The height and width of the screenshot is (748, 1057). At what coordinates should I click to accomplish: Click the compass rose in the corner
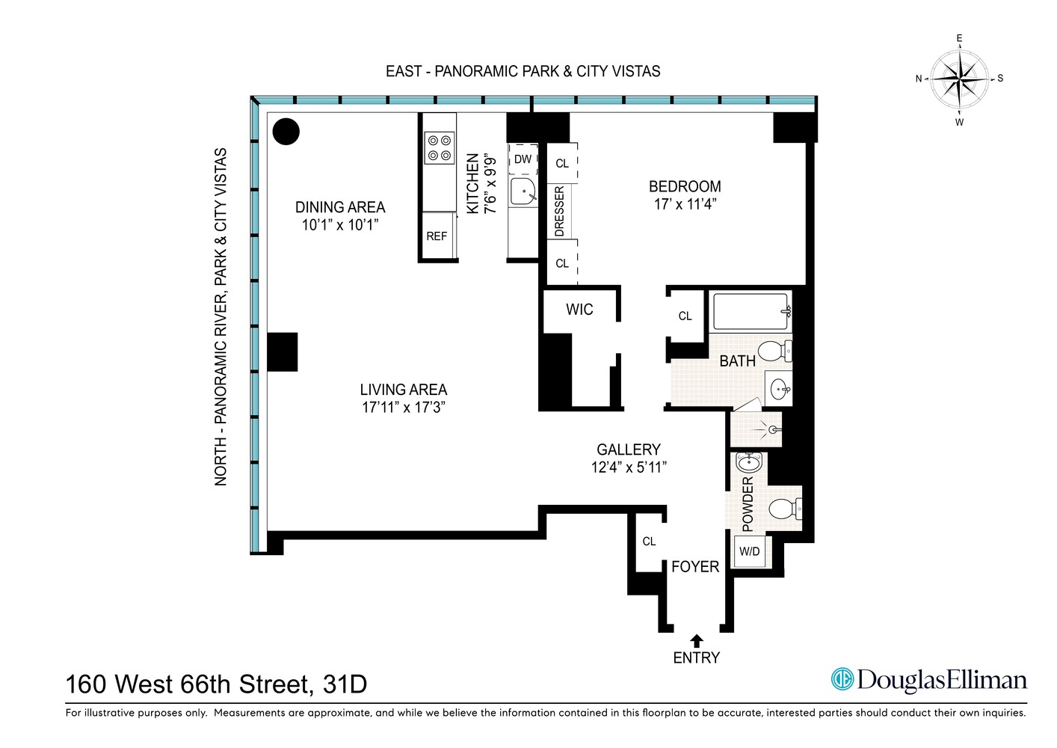(x=959, y=79)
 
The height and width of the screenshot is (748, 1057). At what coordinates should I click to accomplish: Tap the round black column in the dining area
(x=286, y=132)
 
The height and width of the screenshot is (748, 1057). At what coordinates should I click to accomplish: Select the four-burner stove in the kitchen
(x=439, y=147)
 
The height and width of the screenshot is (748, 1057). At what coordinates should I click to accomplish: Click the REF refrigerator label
(x=437, y=236)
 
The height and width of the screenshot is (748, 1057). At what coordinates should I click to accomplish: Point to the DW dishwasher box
(x=523, y=159)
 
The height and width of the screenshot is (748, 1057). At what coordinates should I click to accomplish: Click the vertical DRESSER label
(x=559, y=212)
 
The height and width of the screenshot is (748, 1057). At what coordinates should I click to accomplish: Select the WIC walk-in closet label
(x=579, y=310)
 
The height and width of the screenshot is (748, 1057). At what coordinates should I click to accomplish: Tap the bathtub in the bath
(x=751, y=311)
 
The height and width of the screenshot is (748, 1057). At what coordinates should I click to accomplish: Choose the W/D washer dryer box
(x=749, y=552)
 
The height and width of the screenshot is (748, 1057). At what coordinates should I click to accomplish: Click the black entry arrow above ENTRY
(x=696, y=640)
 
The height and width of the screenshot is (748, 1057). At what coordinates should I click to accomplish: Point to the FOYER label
(x=695, y=567)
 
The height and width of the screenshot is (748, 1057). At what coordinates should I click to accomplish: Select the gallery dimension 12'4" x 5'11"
(x=628, y=467)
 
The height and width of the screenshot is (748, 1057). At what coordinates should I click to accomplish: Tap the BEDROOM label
(x=685, y=187)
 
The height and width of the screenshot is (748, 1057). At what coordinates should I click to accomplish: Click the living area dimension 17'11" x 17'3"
(x=404, y=408)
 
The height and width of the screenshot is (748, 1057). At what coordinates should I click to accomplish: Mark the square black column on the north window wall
(x=283, y=352)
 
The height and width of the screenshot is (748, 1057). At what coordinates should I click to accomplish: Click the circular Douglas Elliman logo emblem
(x=842, y=679)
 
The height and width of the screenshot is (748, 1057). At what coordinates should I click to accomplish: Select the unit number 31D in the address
(x=345, y=684)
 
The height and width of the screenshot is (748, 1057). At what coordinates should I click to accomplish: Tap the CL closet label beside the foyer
(x=649, y=542)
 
